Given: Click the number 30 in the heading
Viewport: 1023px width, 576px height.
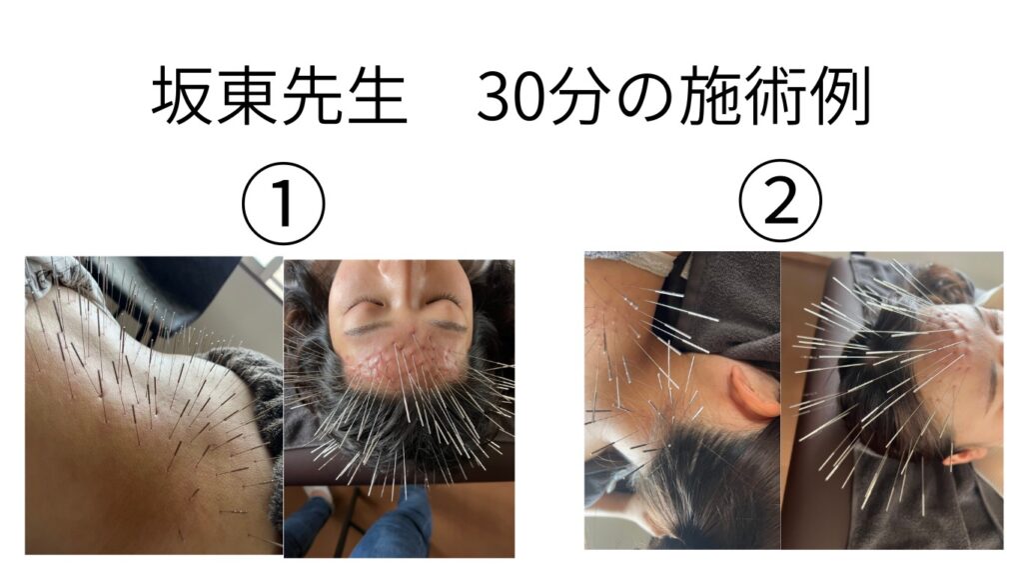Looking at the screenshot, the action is pos(512,99).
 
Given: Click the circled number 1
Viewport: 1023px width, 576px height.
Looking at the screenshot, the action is pos(283,202).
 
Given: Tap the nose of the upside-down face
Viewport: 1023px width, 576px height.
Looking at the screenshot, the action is pos(399,278).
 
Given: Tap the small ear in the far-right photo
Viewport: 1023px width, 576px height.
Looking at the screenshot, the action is pos(964,455).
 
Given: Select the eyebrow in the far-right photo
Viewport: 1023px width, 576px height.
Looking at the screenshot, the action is pos(992,383).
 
